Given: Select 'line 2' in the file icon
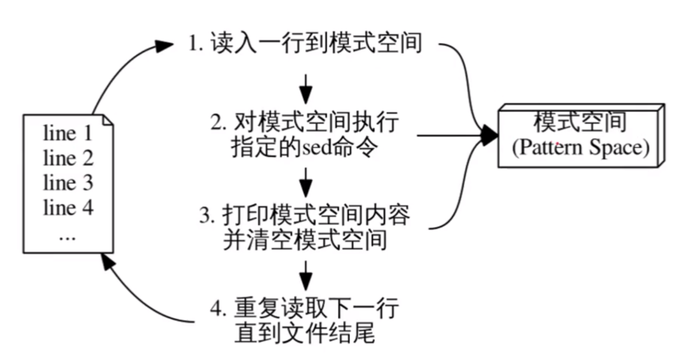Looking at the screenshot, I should (x=68, y=158).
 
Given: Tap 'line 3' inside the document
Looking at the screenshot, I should (x=68, y=183).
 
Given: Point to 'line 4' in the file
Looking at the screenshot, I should (x=68, y=208).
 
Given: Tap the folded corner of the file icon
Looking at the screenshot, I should (x=108, y=120).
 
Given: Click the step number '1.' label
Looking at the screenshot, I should (x=196, y=43).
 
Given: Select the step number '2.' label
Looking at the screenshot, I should (x=219, y=123).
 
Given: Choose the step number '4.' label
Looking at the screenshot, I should (x=219, y=309).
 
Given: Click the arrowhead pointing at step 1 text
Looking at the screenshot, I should (x=165, y=46).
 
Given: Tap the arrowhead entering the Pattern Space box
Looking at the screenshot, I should (x=490, y=135).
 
